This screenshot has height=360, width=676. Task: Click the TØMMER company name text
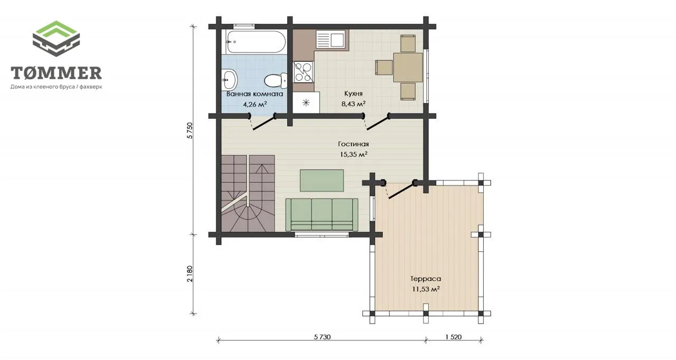56,73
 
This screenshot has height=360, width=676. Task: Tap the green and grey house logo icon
56,39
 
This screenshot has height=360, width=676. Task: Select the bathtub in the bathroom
256,42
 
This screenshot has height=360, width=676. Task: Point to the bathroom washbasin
230,80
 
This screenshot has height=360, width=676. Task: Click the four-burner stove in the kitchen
304,71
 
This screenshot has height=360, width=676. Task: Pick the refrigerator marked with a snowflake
306,102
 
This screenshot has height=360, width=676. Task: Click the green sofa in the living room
322,215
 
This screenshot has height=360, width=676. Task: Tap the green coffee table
322,181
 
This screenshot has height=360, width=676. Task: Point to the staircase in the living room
248,194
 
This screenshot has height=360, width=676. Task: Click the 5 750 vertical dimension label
190,130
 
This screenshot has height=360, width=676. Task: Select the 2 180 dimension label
190,274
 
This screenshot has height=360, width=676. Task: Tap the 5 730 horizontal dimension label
322,337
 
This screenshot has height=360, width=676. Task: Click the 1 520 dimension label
454,337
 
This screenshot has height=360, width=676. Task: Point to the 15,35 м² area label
354,154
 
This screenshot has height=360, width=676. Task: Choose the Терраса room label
426,279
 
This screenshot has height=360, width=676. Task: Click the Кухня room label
353,93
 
